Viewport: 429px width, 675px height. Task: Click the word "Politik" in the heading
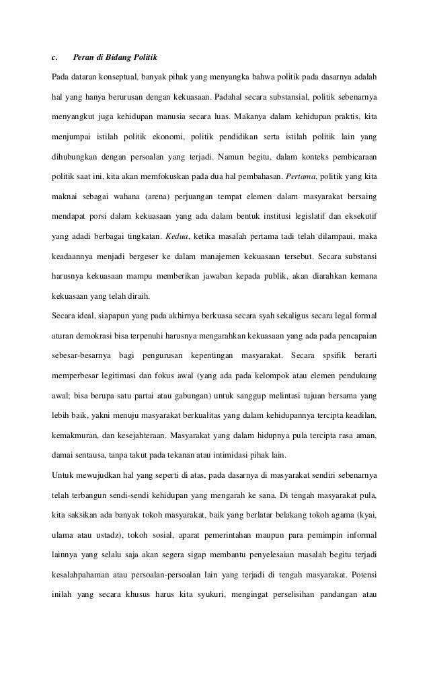pos(143,55)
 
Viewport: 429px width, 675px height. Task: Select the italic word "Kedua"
pos(177,236)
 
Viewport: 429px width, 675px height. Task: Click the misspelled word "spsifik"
pos(329,353)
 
